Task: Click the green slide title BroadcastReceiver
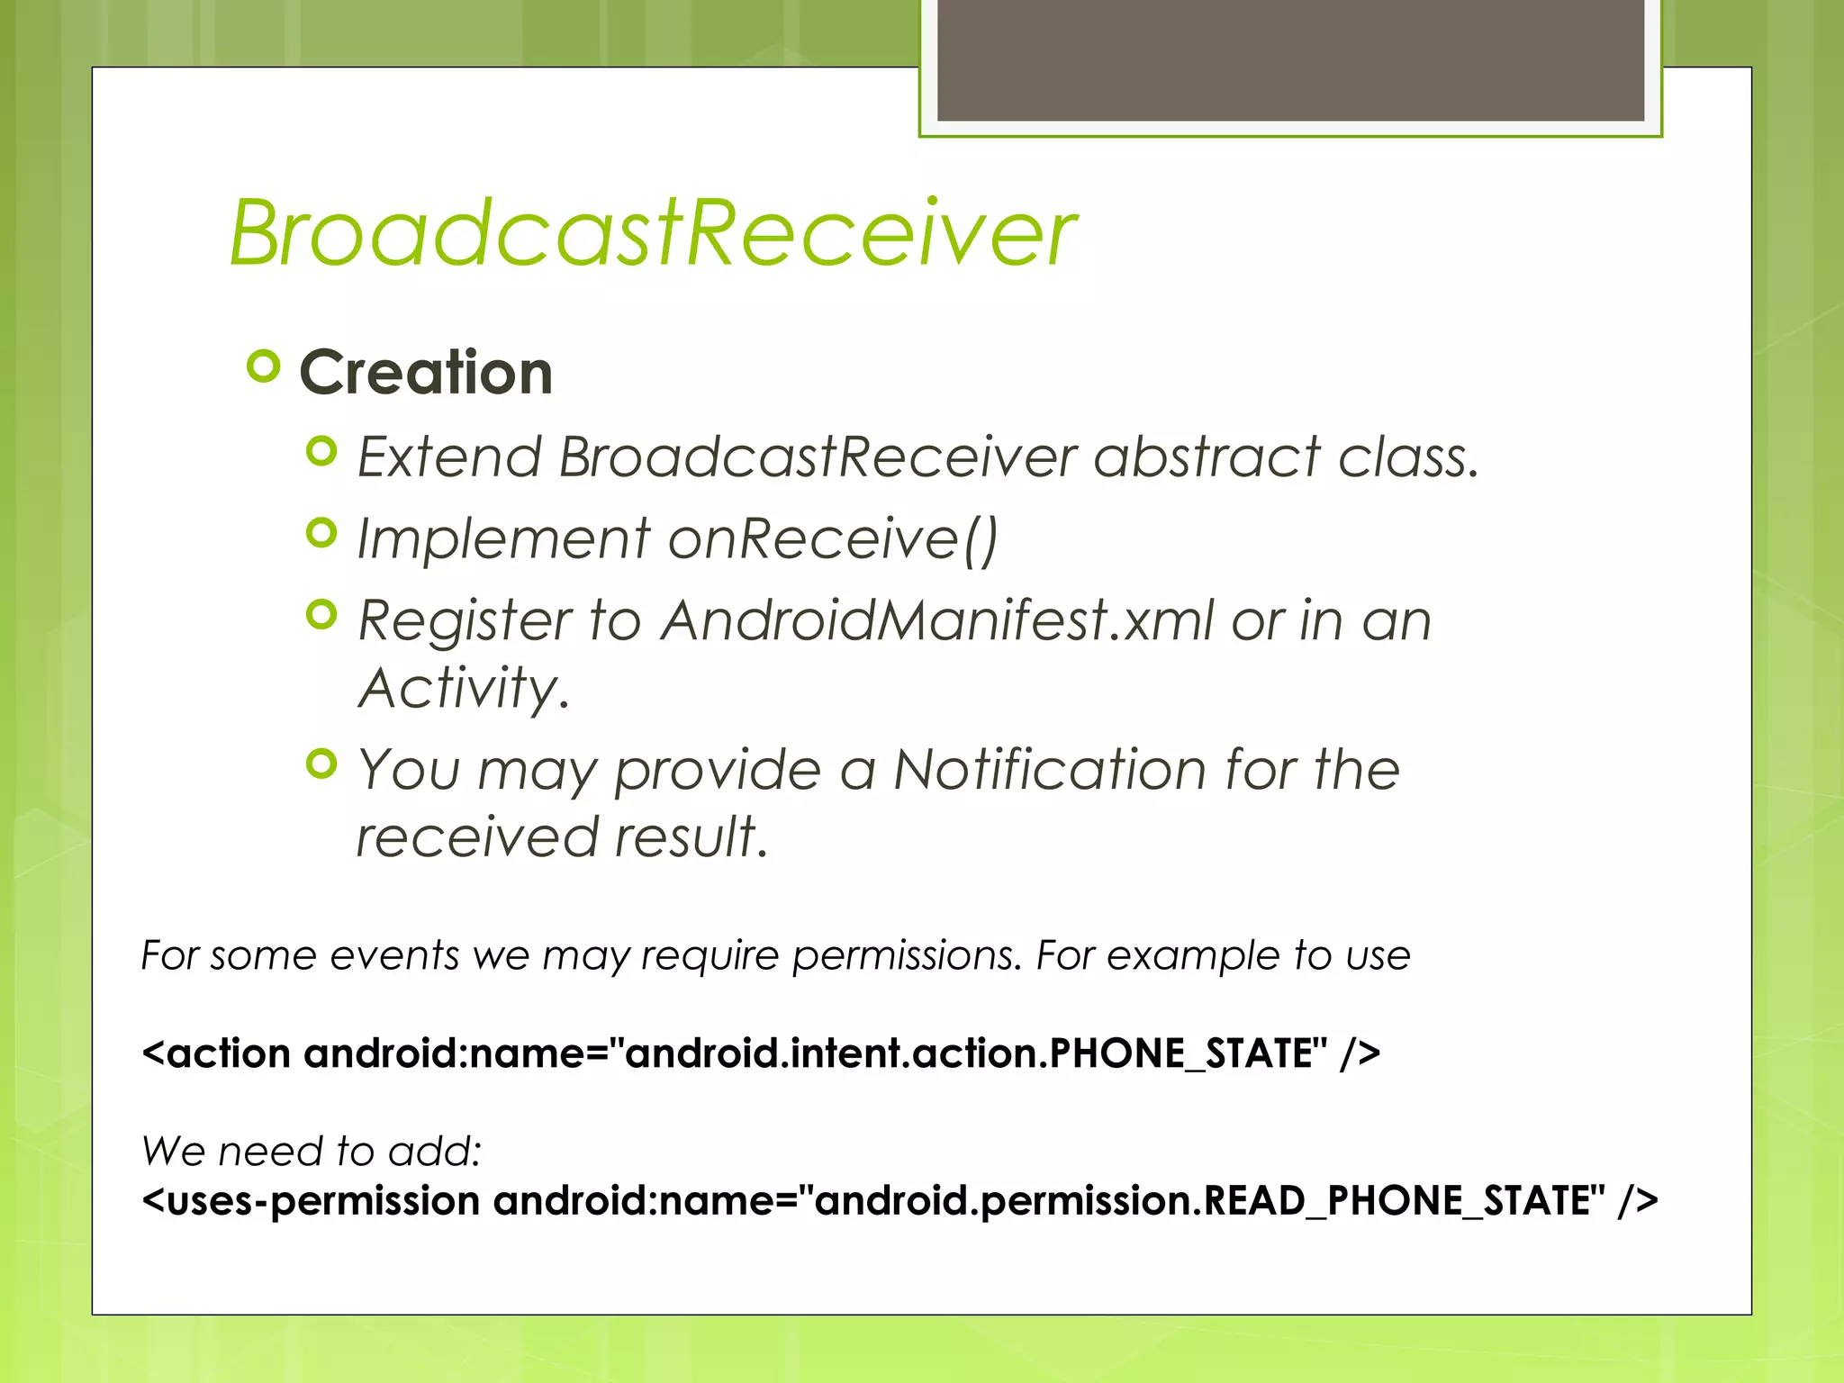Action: click(x=653, y=233)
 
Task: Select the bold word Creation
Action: click(x=426, y=373)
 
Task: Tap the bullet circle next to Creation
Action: click(x=263, y=367)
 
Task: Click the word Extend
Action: click(x=449, y=456)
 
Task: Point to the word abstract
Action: click(x=1207, y=456)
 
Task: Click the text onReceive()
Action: click(x=833, y=539)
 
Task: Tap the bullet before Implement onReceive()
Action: click(x=321, y=533)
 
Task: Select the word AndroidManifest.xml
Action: click(x=937, y=620)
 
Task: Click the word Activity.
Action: click(x=463, y=689)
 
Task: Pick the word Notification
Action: click(x=1049, y=770)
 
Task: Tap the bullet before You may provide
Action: click(x=321, y=764)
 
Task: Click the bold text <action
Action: click(x=216, y=1053)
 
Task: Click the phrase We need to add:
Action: click(x=312, y=1152)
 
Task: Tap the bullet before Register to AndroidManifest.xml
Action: click(x=321, y=616)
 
